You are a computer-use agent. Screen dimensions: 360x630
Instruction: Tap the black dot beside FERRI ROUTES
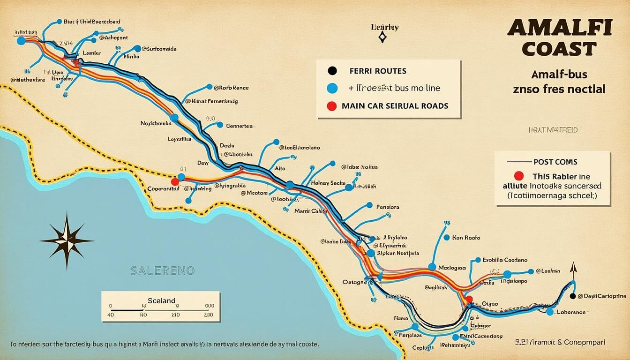pos(332,71)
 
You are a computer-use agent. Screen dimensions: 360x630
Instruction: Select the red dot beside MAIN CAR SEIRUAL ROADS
pos(332,106)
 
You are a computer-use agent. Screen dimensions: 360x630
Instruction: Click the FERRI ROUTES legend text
pos(378,71)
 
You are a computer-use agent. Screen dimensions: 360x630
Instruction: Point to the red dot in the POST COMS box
pos(518,176)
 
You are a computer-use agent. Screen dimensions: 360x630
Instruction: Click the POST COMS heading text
pos(555,162)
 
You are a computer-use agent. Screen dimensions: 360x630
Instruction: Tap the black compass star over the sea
pos(67,240)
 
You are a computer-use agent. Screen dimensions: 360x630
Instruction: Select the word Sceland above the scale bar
pos(161,300)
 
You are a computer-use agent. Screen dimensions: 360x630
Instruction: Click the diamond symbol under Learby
pos(382,38)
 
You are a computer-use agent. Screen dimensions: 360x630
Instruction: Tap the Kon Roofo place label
pos(466,238)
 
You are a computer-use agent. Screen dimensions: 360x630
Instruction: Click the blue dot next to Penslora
pos(369,206)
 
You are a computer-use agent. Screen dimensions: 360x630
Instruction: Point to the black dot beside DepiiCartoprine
pos(572,296)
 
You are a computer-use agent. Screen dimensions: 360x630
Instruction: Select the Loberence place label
pos(571,312)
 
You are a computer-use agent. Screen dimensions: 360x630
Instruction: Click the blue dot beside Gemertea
pos(219,126)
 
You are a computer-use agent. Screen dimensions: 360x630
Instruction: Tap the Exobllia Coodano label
pos(505,260)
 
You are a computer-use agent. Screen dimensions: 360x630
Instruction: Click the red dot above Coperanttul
pos(175,181)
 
